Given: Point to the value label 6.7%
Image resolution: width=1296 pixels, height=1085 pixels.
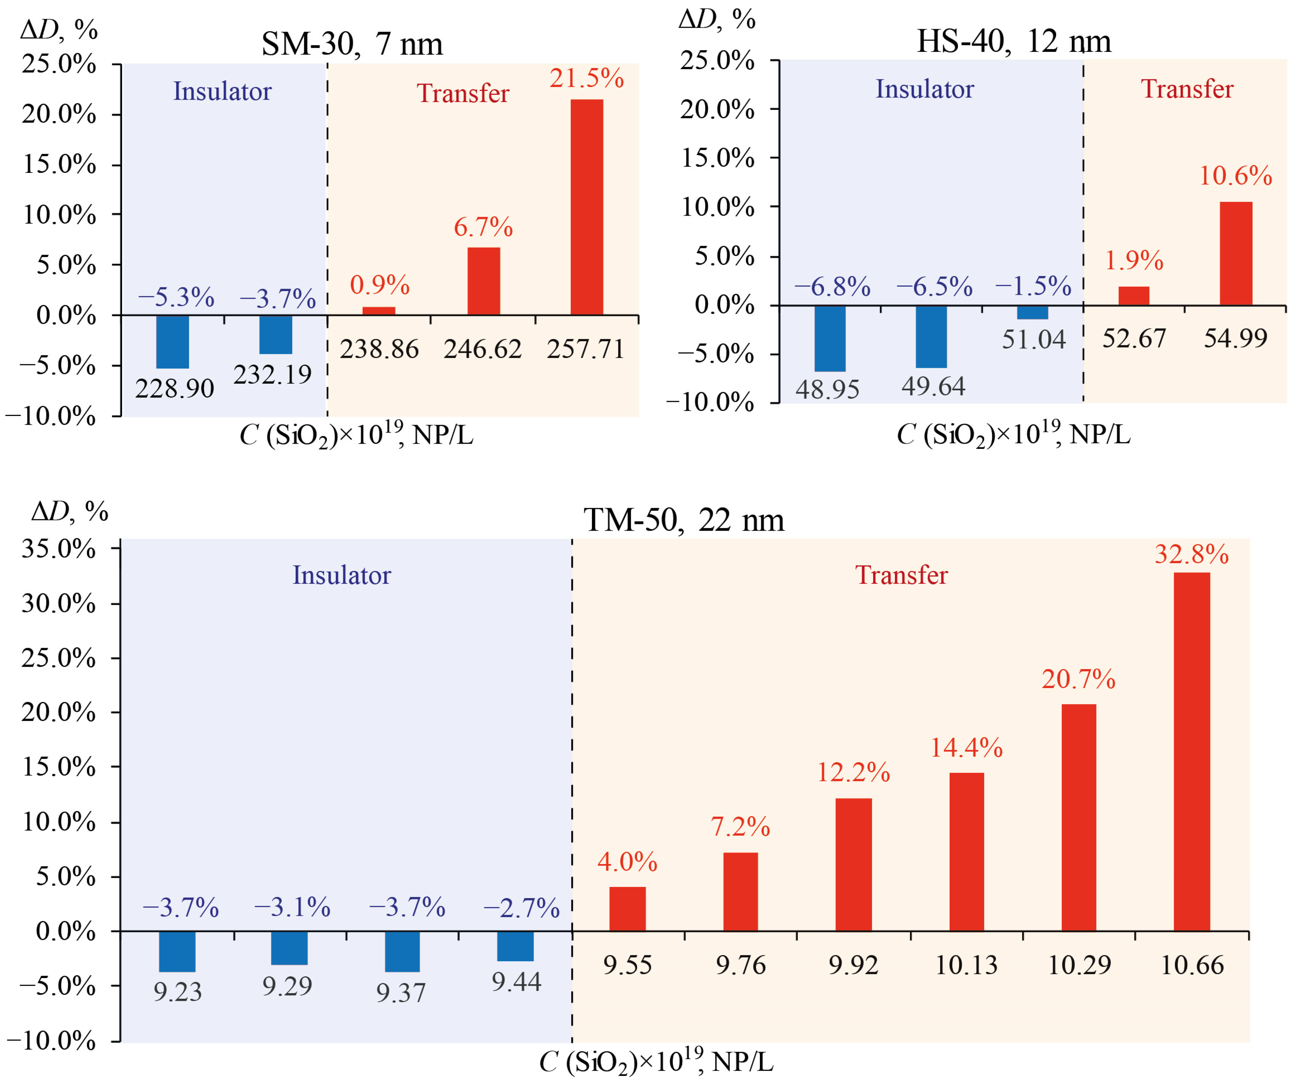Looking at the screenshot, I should tap(483, 228).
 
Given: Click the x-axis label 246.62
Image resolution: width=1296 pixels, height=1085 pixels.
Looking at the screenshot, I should tap(482, 349).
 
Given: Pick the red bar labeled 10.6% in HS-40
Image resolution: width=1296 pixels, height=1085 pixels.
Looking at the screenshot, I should tap(1236, 253).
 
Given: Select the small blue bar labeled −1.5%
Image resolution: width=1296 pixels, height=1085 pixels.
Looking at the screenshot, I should tap(1032, 312).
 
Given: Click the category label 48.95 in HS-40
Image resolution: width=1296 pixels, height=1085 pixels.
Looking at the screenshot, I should tap(827, 390).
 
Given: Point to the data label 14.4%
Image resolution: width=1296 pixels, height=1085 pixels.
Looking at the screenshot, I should tap(966, 748).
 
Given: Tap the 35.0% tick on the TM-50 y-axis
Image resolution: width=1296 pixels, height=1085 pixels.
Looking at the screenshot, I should tap(59, 549).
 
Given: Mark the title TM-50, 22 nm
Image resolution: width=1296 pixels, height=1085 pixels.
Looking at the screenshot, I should tap(684, 520).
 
